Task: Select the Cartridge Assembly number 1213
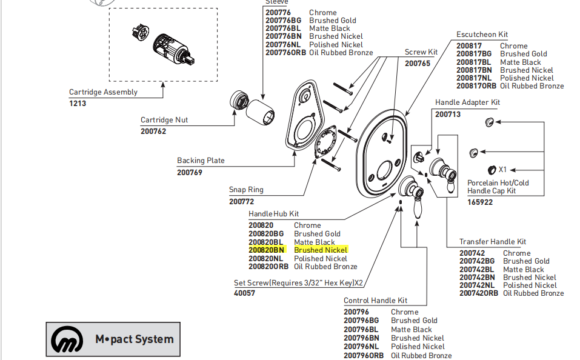(78, 104)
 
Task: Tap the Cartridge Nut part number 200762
(153, 131)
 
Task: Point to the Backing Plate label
(201, 161)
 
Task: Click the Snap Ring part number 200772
(242, 201)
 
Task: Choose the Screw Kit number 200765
(418, 63)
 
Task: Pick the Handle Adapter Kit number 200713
(448, 114)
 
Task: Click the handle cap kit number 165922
(480, 202)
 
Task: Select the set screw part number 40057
(245, 293)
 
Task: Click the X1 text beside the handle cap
(502, 169)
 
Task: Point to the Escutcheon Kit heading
(482, 35)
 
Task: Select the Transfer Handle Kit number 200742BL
(476, 269)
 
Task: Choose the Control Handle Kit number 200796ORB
(364, 356)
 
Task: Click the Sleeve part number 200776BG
(283, 21)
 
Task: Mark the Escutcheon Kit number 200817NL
(473, 78)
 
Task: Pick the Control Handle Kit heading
(375, 301)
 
